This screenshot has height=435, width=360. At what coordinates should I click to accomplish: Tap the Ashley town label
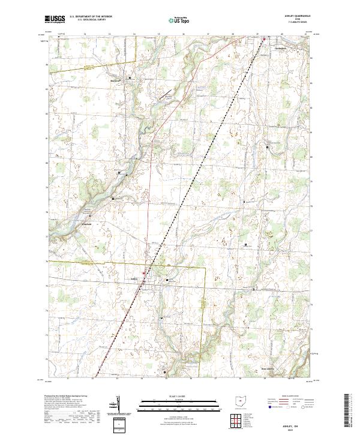pos(134,279)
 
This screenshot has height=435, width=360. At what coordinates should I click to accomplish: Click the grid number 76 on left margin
pos(47,262)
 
